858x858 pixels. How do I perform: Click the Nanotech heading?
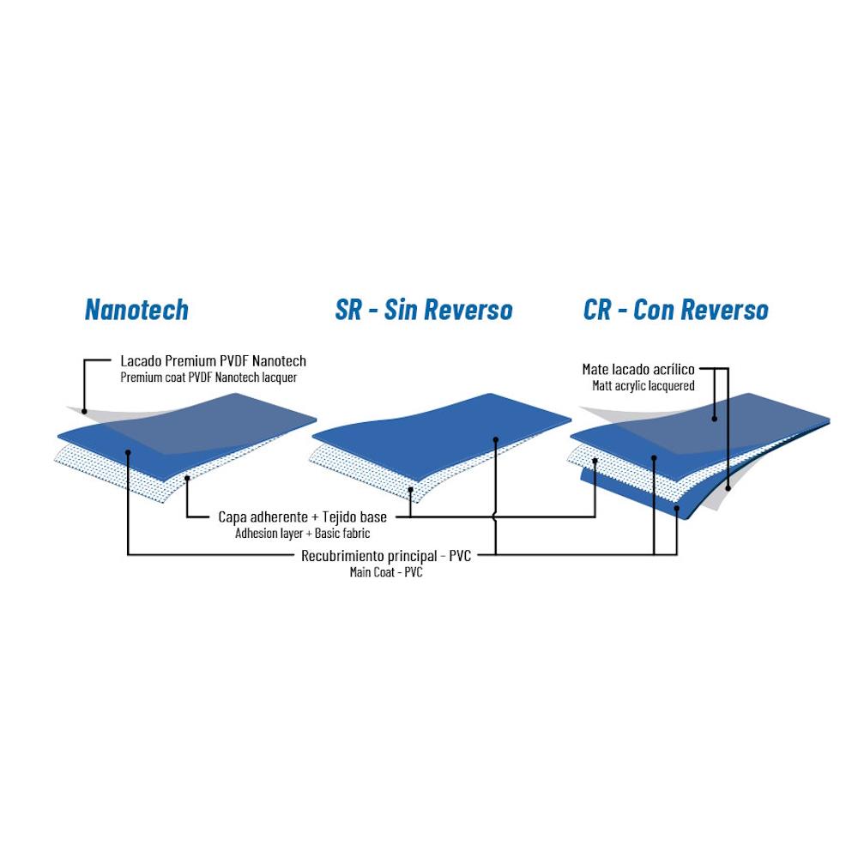136,309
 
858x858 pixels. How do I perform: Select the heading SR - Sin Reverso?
424,309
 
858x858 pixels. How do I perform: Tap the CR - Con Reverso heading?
676,309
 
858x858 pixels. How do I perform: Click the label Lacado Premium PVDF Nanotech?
214,361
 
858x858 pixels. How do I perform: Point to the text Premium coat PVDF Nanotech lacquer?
208,378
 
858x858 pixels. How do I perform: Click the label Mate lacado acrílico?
638,369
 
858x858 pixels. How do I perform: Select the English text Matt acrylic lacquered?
643,386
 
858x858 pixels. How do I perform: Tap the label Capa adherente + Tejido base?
303,517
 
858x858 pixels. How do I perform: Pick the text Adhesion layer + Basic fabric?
303,534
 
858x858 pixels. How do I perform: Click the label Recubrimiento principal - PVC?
386,556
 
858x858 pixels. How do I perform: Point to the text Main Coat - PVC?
386,572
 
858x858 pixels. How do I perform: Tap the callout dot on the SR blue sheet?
496,439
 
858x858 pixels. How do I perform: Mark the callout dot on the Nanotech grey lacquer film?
84,412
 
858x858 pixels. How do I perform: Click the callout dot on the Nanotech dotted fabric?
187,478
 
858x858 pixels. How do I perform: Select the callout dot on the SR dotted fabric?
411,489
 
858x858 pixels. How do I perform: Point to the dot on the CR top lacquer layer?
715,419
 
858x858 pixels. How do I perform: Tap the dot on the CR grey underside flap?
728,487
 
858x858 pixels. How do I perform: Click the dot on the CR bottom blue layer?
677,508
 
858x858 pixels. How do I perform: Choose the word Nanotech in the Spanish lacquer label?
279,361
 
